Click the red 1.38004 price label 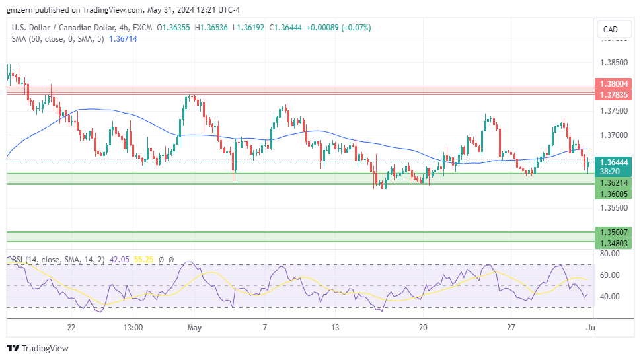[614, 85]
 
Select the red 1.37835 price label [614, 95]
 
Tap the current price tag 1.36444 [614, 162]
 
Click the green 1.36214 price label [614, 182]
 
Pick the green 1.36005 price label [614, 193]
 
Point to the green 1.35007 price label [614, 233]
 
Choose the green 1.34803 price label [614, 244]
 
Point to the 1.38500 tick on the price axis [615, 63]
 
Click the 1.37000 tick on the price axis [615, 135]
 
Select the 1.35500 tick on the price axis [615, 207]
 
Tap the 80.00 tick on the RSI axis [609, 254]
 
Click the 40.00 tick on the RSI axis [609, 296]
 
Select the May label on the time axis [194, 327]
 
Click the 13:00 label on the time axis [133, 327]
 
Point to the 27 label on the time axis [511, 327]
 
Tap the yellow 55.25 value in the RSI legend [143, 260]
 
